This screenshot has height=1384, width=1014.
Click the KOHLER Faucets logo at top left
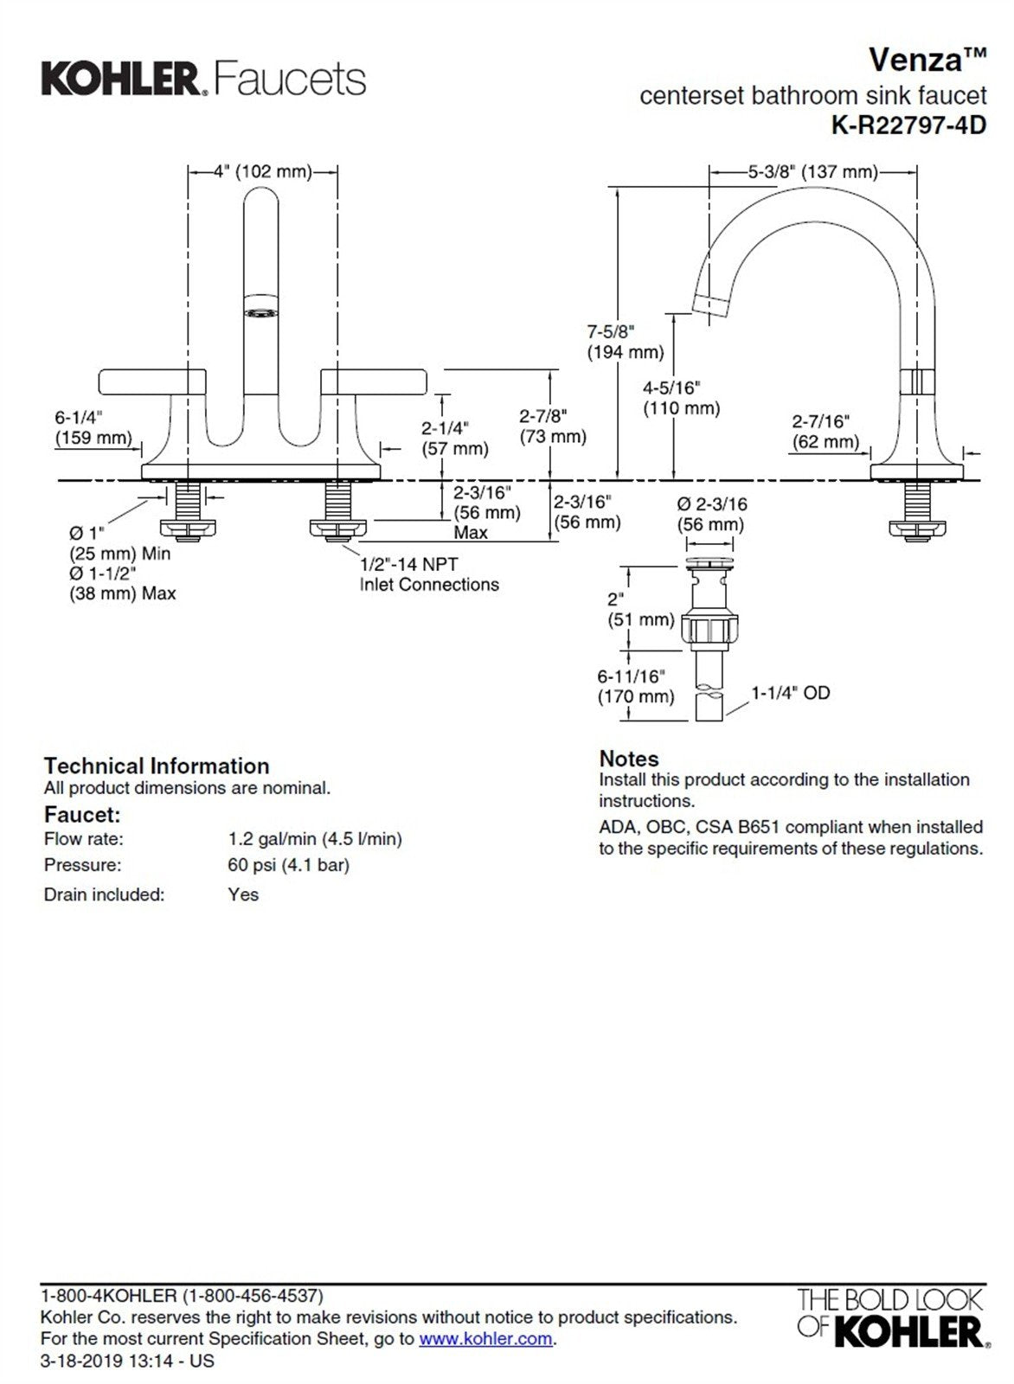point(203,79)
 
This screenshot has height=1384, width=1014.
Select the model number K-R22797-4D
point(908,125)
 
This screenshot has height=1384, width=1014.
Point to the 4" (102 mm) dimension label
point(263,171)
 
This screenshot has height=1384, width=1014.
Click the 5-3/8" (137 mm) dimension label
point(812,171)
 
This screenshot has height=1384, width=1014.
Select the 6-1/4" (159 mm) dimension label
point(93,428)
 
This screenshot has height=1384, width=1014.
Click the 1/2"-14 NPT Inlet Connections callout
point(429,574)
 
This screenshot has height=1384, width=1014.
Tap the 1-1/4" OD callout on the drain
point(790,693)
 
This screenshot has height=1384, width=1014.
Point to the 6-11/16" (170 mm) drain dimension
point(635,687)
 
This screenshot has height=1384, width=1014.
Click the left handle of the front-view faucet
point(152,381)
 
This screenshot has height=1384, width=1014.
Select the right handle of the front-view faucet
point(374,381)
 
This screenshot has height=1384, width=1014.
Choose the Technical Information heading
point(157,766)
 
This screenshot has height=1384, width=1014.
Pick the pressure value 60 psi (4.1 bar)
point(289,865)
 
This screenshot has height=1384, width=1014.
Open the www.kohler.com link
point(485,1339)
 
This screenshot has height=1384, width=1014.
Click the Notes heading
point(629,759)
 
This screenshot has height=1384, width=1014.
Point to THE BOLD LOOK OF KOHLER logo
point(890,1317)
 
